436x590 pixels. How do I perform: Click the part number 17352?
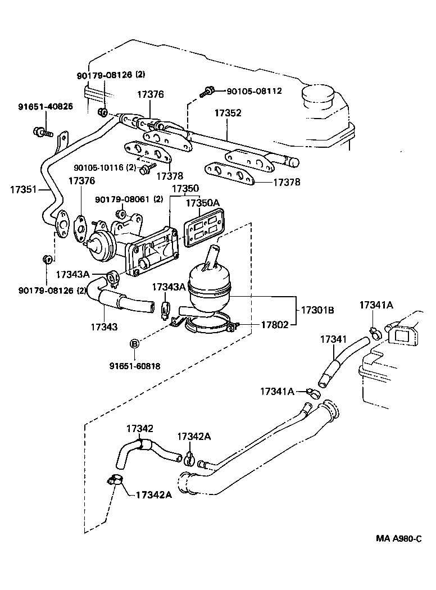point(228,113)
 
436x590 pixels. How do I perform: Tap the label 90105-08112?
point(254,91)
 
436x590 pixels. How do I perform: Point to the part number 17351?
point(23,189)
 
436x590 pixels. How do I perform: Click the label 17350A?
point(203,202)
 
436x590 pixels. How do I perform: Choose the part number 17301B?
point(317,310)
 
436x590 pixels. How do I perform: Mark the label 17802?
point(275,325)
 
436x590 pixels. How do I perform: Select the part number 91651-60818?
point(135,366)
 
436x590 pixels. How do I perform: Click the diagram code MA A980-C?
point(398,538)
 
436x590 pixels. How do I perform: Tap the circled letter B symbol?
point(135,344)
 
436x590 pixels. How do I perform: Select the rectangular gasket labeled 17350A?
point(205,229)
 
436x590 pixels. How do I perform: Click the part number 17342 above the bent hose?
point(140,428)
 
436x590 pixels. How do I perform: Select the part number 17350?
point(185,189)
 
